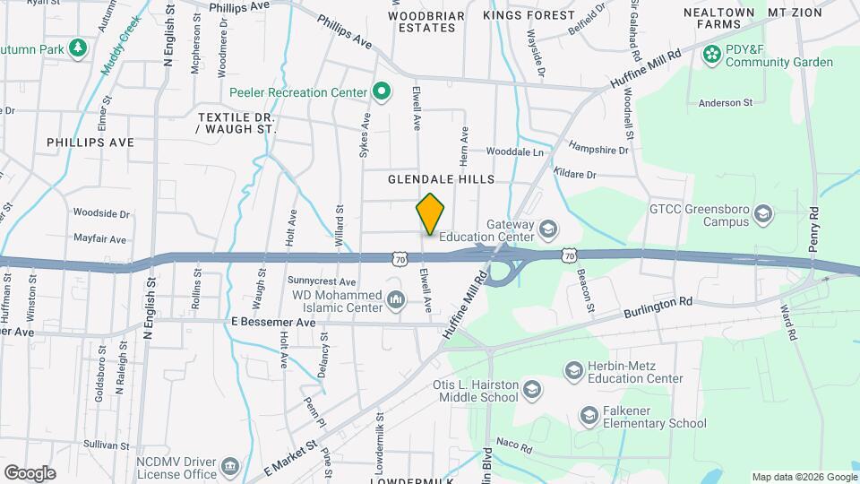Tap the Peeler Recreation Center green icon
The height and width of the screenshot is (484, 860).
(382, 91)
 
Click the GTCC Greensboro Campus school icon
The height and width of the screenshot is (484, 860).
(762, 213)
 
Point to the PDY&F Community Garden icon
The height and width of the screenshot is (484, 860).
(712, 55)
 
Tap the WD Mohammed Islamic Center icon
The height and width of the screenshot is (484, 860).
(395, 297)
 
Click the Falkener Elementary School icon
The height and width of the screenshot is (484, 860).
(589, 416)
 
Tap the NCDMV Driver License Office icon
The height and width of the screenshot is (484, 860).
(230, 466)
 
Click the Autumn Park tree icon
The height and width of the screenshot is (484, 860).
(78, 48)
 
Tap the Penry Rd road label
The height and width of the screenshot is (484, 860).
(814, 229)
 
